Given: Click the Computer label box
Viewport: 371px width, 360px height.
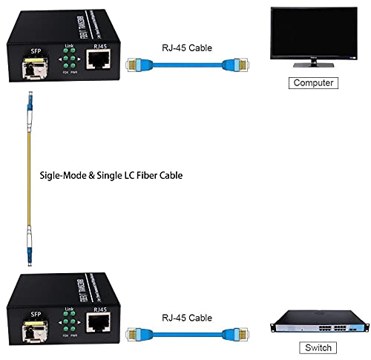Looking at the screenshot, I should click(x=313, y=83).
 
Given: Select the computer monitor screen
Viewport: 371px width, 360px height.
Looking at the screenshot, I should click(x=312, y=33).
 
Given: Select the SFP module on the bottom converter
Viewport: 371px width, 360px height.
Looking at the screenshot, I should click(x=36, y=324).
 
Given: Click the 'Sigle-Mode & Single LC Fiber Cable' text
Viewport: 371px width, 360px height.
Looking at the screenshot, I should click(x=111, y=176).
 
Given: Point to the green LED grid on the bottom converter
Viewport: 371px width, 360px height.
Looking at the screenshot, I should click(x=69, y=324).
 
